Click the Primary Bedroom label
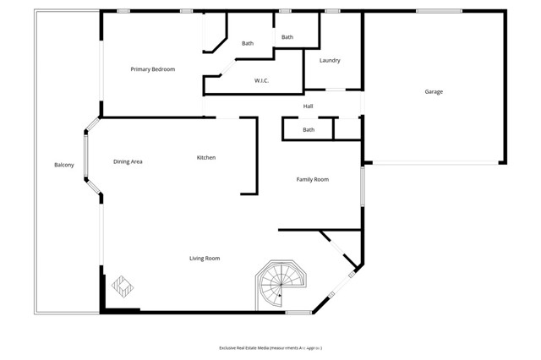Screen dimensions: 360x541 [x=152, y=69]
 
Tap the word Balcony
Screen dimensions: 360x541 [x=64, y=165]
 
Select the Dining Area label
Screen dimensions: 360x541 [x=128, y=161]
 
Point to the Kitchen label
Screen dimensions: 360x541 [x=206, y=158]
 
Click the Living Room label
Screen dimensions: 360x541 [x=205, y=258]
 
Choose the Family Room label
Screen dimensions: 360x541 [x=312, y=179]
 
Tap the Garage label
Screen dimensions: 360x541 [x=434, y=92]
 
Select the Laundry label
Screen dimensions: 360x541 [x=330, y=61]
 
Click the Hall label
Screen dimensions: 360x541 [x=309, y=106]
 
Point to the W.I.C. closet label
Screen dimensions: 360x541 [x=261, y=81]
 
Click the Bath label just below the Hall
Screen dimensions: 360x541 [x=309, y=130]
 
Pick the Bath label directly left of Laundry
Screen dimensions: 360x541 [x=287, y=37]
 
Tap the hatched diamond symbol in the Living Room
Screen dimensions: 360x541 [x=121, y=286]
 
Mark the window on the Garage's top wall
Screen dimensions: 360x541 [x=439, y=11]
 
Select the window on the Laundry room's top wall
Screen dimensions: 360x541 [x=332, y=11]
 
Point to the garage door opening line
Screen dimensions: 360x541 [x=434, y=162]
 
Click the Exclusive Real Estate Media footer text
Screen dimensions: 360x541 [x=270, y=347]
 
